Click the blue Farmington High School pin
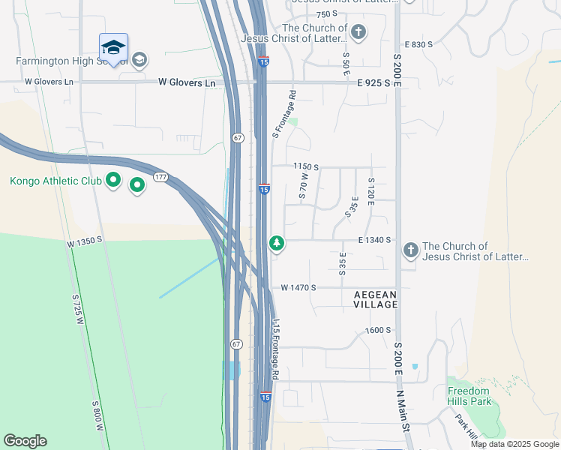click(x=113, y=48)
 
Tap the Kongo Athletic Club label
click(x=55, y=181)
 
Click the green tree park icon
click(x=277, y=243)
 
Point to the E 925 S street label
click(x=373, y=82)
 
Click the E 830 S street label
click(x=419, y=45)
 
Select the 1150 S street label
click(x=306, y=166)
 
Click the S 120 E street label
click(x=370, y=191)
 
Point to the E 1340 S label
click(x=375, y=240)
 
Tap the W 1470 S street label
click(x=298, y=287)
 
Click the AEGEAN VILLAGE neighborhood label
click(x=376, y=299)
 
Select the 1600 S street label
click(x=379, y=330)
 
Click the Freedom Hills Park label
click(x=469, y=396)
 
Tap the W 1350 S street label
click(x=84, y=244)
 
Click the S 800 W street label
click(x=98, y=415)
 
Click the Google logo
click(x=25, y=441)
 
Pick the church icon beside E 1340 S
click(x=409, y=250)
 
